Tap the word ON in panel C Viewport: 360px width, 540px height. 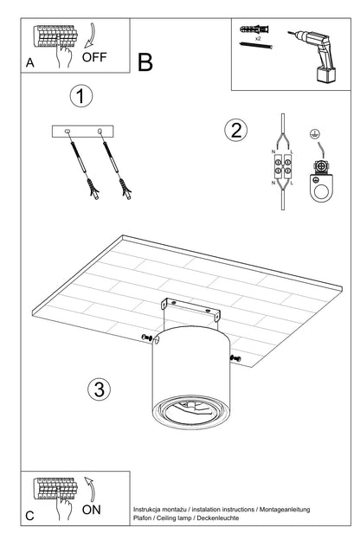pos(92,510)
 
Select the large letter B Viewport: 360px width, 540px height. pos(145,62)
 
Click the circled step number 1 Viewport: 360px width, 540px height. pos(80,97)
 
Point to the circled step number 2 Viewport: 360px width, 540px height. pos(235,131)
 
